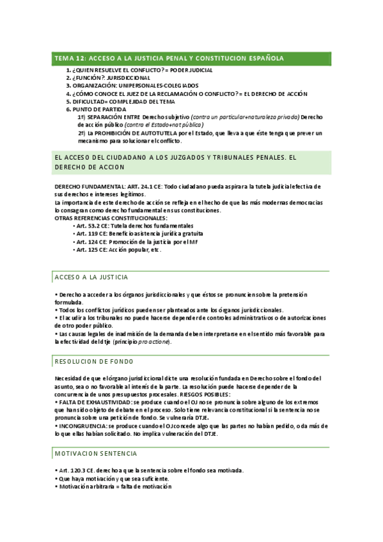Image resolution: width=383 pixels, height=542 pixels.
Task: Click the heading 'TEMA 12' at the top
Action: pyautogui.click(x=72, y=58)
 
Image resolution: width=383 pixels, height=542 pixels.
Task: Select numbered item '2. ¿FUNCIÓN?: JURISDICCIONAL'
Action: pyautogui.click(x=111, y=77)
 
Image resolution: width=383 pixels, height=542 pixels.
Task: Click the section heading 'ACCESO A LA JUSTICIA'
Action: pyautogui.click(x=92, y=277)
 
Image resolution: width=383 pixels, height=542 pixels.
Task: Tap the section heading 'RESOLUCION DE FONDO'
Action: pyautogui.click(x=94, y=362)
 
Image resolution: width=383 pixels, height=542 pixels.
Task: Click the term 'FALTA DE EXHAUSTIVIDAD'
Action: pyautogui.click(x=96, y=402)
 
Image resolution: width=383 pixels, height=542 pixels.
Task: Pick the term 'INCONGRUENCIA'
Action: pyautogui.click(x=83, y=426)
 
